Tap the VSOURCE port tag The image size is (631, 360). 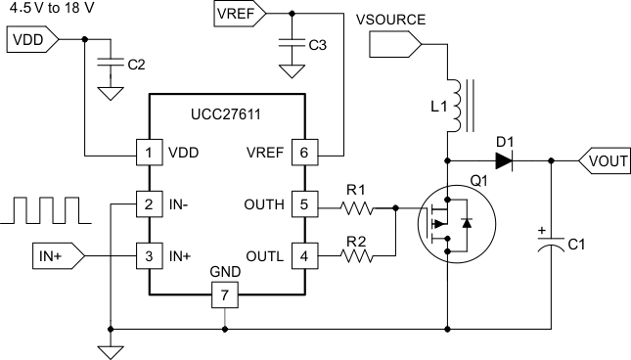396,44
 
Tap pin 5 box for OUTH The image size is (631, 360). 304,205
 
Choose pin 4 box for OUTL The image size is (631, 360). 304,256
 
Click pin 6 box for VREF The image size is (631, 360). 304,154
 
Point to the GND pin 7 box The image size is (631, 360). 226,293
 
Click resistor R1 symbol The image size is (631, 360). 359,206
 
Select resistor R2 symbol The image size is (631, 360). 359,256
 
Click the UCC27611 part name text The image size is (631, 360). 226,115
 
